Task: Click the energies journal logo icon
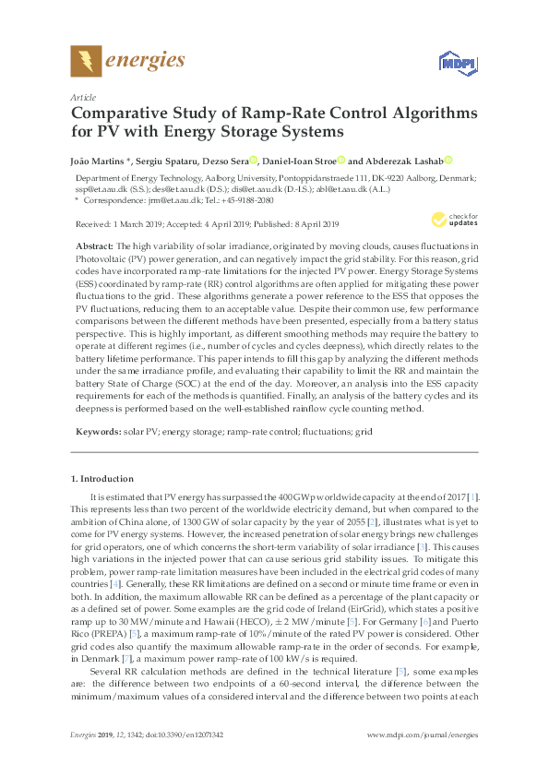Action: click(x=86, y=62)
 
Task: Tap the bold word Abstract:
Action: click(x=94, y=248)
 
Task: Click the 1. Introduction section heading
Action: click(x=106, y=479)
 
